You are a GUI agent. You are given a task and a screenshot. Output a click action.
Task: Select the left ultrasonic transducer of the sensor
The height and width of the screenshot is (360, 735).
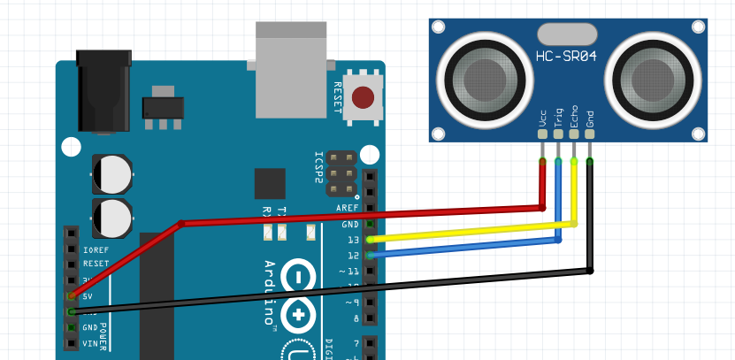click(x=481, y=78)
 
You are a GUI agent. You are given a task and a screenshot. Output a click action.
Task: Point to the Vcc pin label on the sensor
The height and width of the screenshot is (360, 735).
click(x=542, y=118)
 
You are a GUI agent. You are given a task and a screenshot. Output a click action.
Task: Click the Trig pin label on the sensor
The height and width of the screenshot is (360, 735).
click(x=558, y=118)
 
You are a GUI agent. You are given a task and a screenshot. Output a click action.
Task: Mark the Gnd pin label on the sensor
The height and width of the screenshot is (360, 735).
click(x=590, y=118)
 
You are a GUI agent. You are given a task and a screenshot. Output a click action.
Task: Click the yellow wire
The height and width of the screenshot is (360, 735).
click(x=469, y=231)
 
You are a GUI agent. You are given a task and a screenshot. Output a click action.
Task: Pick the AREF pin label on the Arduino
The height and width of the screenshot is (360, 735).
click(x=348, y=208)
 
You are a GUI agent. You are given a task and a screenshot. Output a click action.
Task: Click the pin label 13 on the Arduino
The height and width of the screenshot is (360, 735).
click(x=353, y=240)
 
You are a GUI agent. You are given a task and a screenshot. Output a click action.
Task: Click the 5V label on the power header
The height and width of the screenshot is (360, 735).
click(x=88, y=296)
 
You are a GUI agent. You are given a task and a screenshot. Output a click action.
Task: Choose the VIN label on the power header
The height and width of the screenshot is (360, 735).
click(x=90, y=343)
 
